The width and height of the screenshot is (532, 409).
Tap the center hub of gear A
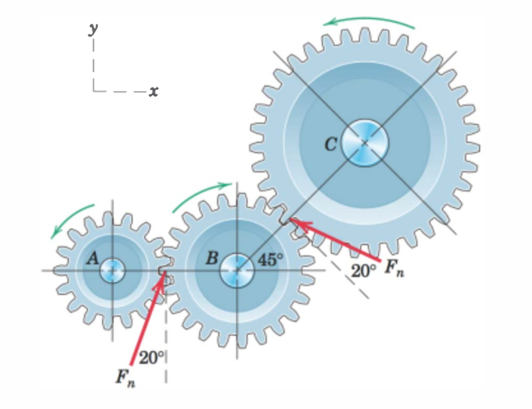click(x=111, y=271)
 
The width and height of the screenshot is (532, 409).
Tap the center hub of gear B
click(x=235, y=271)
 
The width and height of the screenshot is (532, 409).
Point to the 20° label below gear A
click(x=151, y=357)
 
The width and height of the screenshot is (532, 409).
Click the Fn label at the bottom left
click(x=123, y=377)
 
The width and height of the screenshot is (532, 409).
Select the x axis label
click(x=153, y=90)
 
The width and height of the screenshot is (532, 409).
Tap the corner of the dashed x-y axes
click(x=93, y=89)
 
